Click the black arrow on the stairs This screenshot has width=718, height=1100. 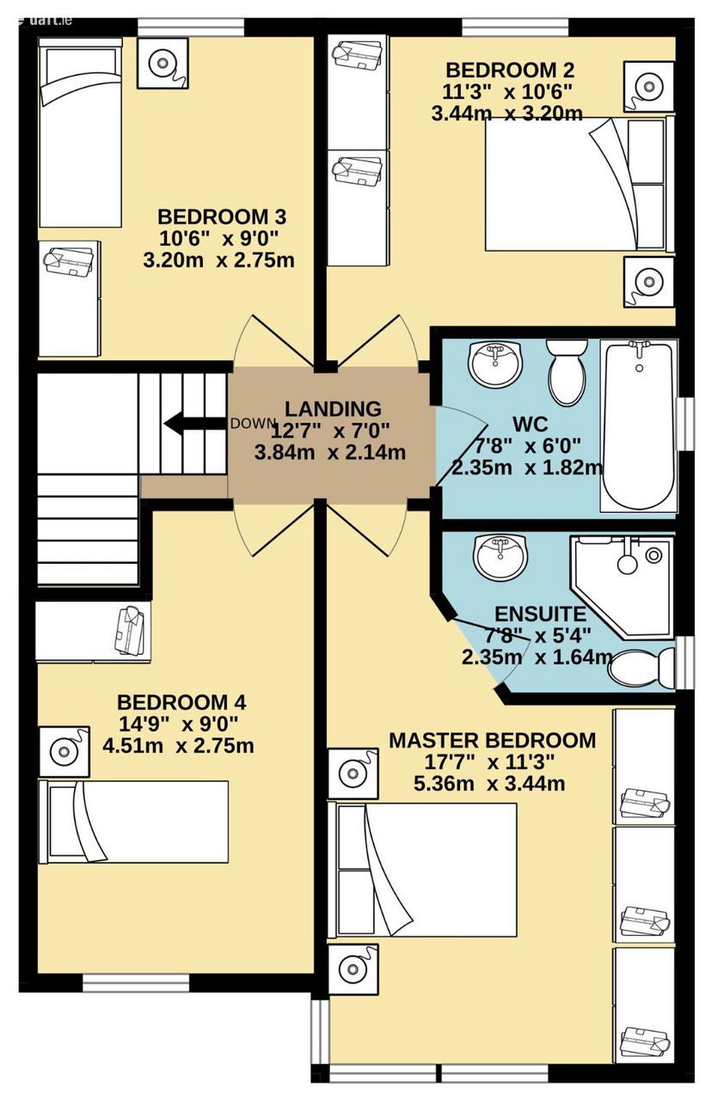click(x=195, y=424)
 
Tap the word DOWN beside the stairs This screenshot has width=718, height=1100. click(x=252, y=423)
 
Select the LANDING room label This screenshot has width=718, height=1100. click(x=333, y=408)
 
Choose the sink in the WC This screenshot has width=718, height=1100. click(x=494, y=364)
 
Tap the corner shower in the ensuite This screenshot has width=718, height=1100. click(x=621, y=587)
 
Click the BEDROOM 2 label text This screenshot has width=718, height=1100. click(x=509, y=70)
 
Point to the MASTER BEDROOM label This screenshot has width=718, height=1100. click(x=492, y=740)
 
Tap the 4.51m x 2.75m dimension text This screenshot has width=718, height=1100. click(x=178, y=746)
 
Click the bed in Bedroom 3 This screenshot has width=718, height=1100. click(x=80, y=133)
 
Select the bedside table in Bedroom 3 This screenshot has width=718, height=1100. click(x=163, y=64)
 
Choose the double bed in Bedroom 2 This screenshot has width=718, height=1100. click(x=579, y=185)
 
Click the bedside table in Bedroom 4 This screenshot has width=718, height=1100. click(x=64, y=752)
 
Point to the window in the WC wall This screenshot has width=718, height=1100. click(x=685, y=424)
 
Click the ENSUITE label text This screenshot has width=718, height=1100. click(x=540, y=614)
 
